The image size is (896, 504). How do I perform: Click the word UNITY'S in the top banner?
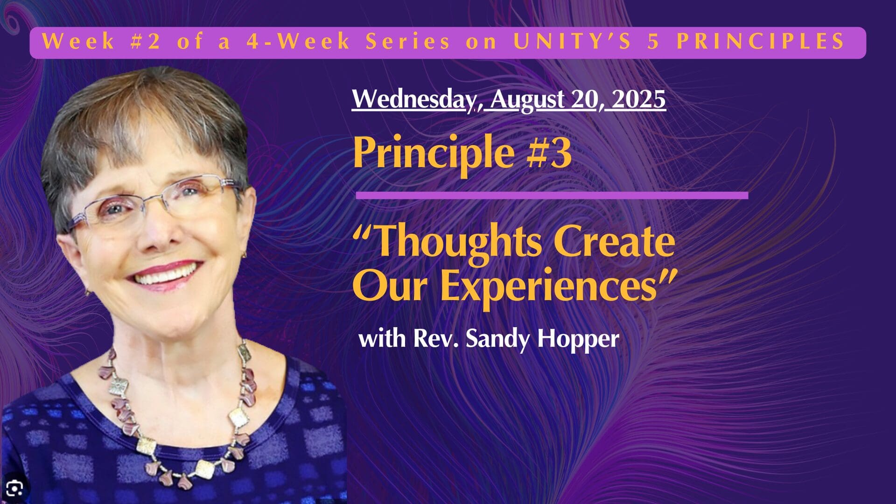pyautogui.click(x=572, y=42)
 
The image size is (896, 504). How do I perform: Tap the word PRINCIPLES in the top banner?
pyautogui.click(x=761, y=42)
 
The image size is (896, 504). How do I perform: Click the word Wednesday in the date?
pyautogui.click(x=413, y=99)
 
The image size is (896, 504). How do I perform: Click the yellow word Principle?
pyautogui.click(x=434, y=153)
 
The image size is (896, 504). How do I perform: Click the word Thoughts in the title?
pyautogui.click(x=457, y=243)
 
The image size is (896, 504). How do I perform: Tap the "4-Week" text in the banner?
pyautogui.click(x=299, y=42)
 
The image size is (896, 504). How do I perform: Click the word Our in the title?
pyautogui.click(x=390, y=286)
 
